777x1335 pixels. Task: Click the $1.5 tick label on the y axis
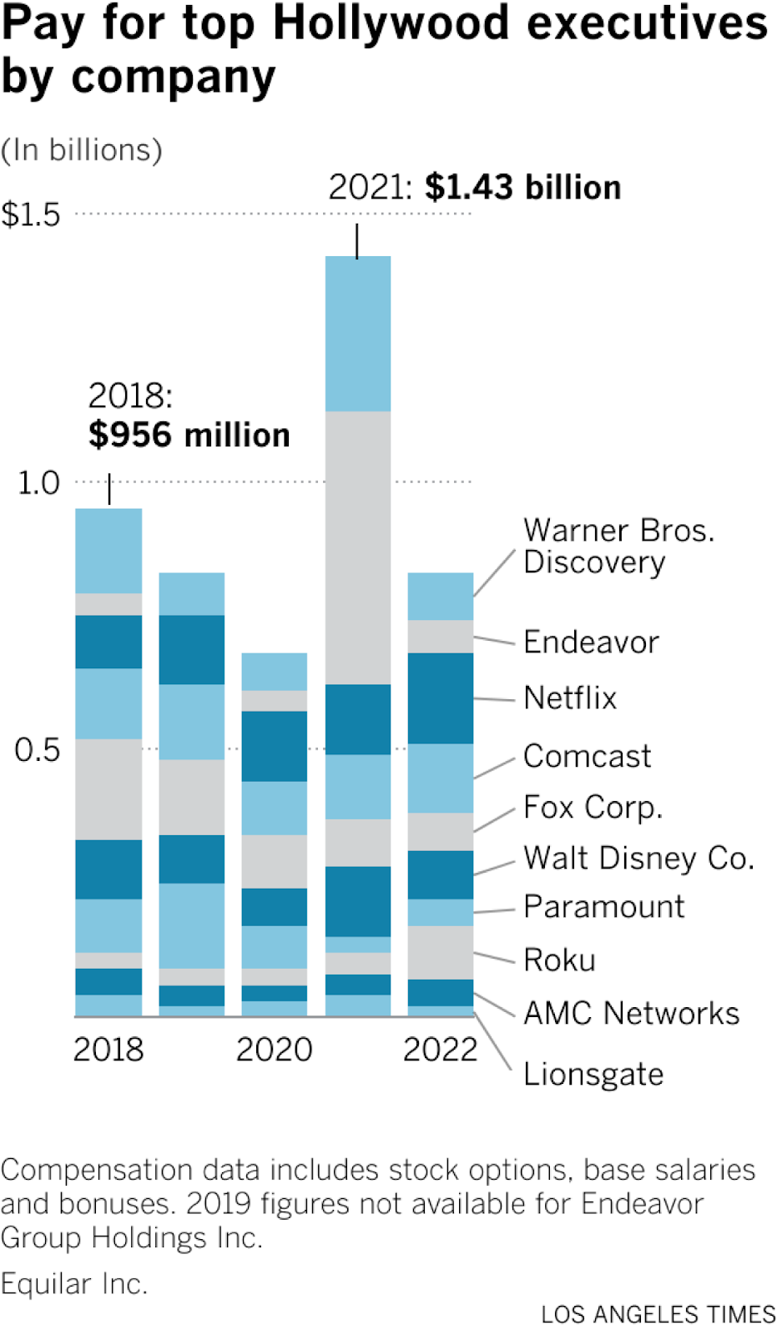tap(31, 215)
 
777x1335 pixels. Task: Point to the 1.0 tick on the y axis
tap(38, 483)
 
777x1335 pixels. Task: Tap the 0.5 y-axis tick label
tap(38, 750)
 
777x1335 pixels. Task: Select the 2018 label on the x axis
tap(108, 1050)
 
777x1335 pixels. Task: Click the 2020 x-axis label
tap(274, 1050)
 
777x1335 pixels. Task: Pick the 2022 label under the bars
tap(440, 1050)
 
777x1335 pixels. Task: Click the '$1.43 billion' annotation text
tap(522, 188)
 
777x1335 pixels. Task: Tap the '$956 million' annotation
tap(189, 435)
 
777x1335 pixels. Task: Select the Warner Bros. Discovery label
tap(618, 547)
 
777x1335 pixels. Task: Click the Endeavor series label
tap(591, 642)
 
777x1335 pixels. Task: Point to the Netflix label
tap(570, 698)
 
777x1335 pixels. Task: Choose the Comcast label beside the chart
tap(587, 757)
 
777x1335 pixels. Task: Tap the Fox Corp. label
tap(593, 808)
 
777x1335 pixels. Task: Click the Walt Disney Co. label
tap(638, 859)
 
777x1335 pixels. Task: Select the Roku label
tap(559, 960)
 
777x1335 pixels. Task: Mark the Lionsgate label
tap(593, 1075)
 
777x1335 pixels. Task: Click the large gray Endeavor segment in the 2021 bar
tap(357, 547)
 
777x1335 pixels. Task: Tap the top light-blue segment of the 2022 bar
tap(440, 596)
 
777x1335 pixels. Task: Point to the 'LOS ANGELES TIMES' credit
tap(658, 1315)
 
